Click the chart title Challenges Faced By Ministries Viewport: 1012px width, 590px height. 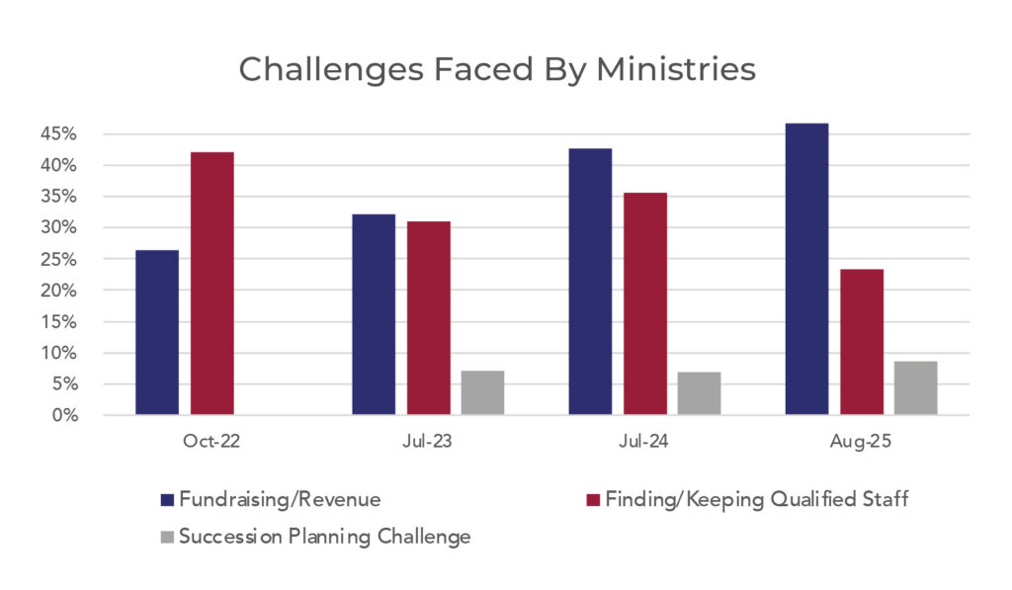pyautogui.click(x=497, y=70)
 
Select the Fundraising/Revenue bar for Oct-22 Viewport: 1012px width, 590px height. pyautogui.click(x=157, y=333)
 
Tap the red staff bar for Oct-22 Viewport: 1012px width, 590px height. pyautogui.click(x=212, y=284)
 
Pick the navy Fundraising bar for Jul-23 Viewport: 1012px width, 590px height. pyautogui.click(x=374, y=314)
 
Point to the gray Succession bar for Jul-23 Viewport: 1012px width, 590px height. pyautogui.click(x=482, y=392)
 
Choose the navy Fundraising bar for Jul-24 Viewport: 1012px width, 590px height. pyautogui.click(x=590, y=282)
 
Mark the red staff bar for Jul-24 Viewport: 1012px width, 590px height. pyautogui.click(x=644, y=303)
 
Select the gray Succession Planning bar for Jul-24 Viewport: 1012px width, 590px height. pyautogui.click(x=699, y=393)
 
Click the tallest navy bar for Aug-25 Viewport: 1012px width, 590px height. pyautogui.click(x=806, y=269)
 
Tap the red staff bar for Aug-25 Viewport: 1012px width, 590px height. pyautogui.click(x=861, y=342)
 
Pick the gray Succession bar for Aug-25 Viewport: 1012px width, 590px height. pyautogui.click(x=915, y=388)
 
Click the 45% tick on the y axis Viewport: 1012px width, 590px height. pyautogui.click(x=86, y=134)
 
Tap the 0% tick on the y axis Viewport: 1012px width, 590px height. pyautogui.click(x=91, y=416)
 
